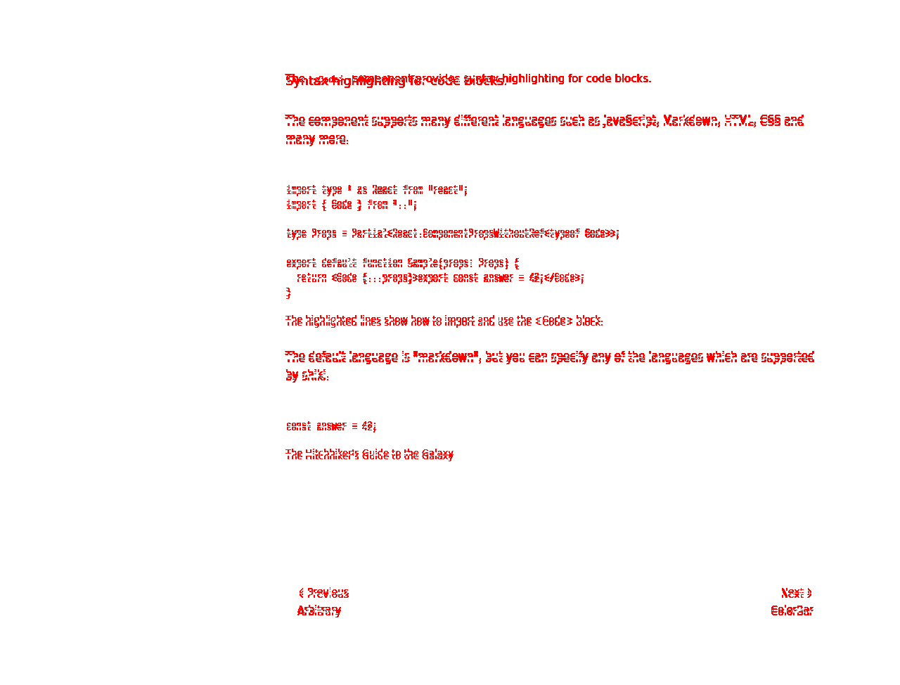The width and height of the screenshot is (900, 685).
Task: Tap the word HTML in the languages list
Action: [738, 120]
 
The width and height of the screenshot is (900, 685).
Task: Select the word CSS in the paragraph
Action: [770, 120]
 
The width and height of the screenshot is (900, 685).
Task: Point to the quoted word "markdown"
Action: [446, 357]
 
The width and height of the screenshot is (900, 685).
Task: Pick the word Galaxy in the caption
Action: [437, 454]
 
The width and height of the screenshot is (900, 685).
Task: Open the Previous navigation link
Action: [324, 593]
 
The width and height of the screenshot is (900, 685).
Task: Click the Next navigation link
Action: [796, 593]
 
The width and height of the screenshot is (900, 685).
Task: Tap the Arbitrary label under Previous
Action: [319, 610]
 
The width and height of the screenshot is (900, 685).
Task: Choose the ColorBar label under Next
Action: [792, 610]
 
